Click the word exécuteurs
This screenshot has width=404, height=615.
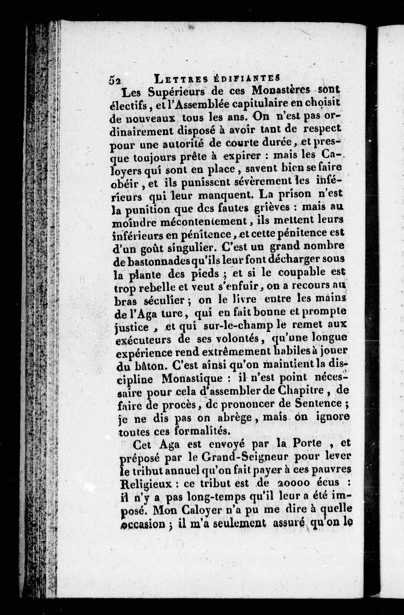click(143, 341)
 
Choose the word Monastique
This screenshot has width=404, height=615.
click(192, 379)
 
